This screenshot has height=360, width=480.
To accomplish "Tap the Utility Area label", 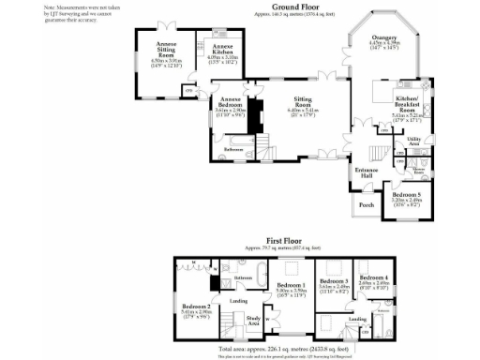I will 413,142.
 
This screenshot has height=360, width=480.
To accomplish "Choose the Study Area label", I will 253,322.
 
